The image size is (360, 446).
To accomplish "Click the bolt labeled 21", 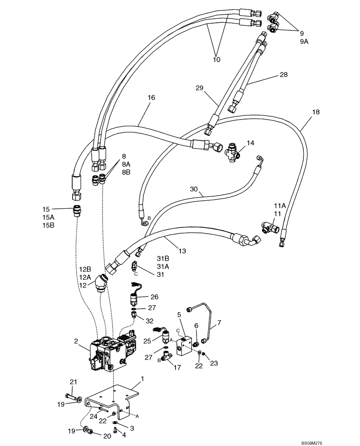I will point(72,396).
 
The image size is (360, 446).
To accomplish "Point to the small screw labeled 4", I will point(114,430).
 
